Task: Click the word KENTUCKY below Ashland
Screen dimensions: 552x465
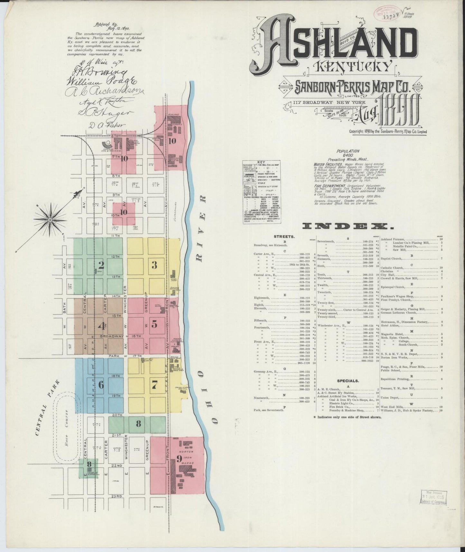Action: (350, 67)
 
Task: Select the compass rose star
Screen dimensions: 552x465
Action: (50, 219)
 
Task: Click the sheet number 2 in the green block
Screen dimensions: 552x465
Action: (101, 265)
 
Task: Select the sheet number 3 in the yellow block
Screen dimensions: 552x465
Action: (154, 265)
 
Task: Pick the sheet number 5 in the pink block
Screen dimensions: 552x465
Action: (154, 325)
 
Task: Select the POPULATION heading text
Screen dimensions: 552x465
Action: (348, 151)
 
